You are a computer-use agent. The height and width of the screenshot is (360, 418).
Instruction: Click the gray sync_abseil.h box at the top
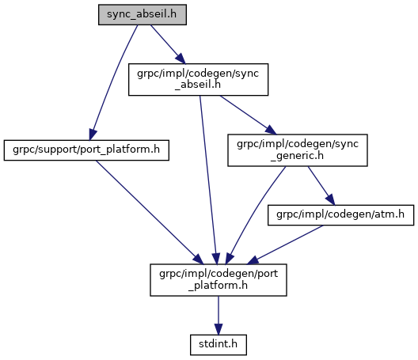click(x=142, y=15)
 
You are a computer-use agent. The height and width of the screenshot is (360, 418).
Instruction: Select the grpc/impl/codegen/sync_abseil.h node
click(x=199, y=79)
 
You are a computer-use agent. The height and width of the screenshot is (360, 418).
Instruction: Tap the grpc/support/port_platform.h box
click(x=86, y=150)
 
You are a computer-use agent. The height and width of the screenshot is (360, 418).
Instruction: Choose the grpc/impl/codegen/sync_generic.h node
click(x=298, y=150)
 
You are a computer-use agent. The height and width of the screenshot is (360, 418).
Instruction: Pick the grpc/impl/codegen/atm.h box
click(x=340, y=215)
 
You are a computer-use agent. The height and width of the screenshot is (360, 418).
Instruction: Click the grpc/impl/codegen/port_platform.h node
click(x=218, y=280)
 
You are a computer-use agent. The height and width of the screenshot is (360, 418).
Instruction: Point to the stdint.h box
click(x=218, y=345)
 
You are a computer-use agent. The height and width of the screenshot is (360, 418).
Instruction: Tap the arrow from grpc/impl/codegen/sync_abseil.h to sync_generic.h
click(x=249, y=115)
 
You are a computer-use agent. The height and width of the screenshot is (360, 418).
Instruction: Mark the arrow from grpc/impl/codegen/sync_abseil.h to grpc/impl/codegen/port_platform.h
click(x=208, y=180)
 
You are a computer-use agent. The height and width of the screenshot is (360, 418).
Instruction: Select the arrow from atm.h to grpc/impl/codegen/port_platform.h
click(x=285, y=245)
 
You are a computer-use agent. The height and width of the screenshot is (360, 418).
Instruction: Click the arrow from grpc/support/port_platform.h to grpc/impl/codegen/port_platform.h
click(x=150, y=212)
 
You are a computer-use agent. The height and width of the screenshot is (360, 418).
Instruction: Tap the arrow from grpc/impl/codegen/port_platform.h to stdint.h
click(x=218, y=315)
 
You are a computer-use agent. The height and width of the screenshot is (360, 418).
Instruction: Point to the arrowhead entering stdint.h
click(x=218, y=329)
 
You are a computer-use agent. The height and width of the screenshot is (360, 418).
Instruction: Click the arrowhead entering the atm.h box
click(x=331, y=200)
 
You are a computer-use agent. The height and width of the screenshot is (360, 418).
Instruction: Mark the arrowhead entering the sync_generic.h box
click(x=271, y=130)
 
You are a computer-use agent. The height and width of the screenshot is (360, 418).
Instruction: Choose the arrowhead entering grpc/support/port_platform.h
click(x=92, y=135)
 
